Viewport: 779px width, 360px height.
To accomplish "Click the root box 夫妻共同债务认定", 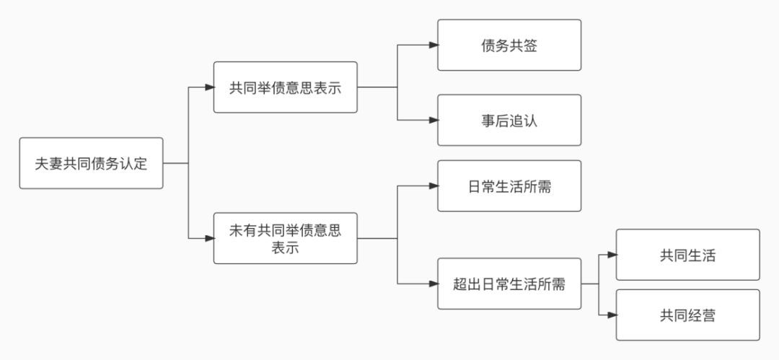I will pyautogui.click(x=91, y=163).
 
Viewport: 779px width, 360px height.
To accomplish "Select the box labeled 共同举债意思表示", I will pyautogui.click(x=285, y=87).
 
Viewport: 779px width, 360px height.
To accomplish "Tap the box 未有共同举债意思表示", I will pyautogui.click(x=285, y=238).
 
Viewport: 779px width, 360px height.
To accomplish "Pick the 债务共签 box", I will pyautogui.click(x=509, y=45).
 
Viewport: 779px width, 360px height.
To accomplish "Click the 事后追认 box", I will pyautogui.click(x=509, y=120).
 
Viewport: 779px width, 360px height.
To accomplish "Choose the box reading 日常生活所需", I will pyautogui.click(x=509, y=185).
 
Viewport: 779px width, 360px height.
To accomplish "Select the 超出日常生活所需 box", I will pyautogui.click(x=509, y=284).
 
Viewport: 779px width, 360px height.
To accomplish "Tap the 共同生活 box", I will pyautogui.click(x=687, y=255).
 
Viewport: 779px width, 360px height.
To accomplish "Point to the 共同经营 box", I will pyautogui.click(x=687, y=315).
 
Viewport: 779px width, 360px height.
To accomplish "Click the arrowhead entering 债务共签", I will pyautogui.click(x=433, y=45).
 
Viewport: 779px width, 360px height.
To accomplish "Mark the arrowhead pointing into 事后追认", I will pyautogui.click(x=433, y=120).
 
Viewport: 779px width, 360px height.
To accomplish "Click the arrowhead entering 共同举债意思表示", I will pyautogui.click(x=210, y=87).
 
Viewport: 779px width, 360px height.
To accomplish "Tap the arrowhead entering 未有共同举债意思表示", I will pyautogui.click(x=210, y=238).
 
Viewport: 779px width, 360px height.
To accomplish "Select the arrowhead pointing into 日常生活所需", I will pyautogui.click(x=433, y=185).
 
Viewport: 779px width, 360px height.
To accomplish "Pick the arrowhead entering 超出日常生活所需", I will pyautogui.click(x=433, y=284).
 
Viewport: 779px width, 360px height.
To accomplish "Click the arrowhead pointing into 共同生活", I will pyautogui.click(x=612, y=255).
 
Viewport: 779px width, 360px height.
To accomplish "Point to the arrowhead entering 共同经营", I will pyautogui.click(x=612, y=315).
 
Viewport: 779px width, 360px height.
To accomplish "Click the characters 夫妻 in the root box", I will pyautogui.click(x=49, y=164).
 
